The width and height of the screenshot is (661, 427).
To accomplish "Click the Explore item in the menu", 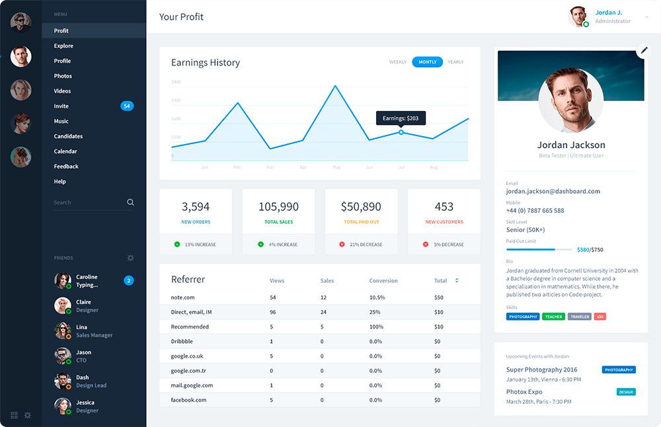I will [63, 46].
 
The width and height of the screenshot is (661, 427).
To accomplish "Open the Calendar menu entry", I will [65, 151].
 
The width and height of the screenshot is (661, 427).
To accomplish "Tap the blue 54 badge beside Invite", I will [127, 106].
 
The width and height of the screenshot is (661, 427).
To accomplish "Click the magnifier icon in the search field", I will [130, 202].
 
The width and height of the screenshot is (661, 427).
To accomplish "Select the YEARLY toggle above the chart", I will [455, 62].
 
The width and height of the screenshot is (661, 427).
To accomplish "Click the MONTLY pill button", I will [428, 62].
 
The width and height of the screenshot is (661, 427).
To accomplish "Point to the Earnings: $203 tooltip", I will [401, 118].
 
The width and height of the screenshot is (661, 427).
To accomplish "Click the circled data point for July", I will [401, 132].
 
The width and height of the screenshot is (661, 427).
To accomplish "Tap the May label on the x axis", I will [336, 168].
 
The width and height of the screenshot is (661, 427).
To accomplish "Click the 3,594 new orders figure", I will [196, 207].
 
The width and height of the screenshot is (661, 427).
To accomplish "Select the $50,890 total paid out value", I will [361, 207].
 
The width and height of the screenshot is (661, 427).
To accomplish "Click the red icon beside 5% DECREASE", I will [425, 245].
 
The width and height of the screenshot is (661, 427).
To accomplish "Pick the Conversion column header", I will [383, 281].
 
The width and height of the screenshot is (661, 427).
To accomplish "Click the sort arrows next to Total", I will [457, 281].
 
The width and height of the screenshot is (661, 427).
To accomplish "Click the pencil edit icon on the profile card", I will [642, 52].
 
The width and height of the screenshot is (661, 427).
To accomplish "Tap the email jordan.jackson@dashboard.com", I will [553, 192].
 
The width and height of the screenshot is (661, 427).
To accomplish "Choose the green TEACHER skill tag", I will [553, 317].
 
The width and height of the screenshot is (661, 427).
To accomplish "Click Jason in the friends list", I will [83, 352].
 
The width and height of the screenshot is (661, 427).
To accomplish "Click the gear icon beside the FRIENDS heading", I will [130, 258].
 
